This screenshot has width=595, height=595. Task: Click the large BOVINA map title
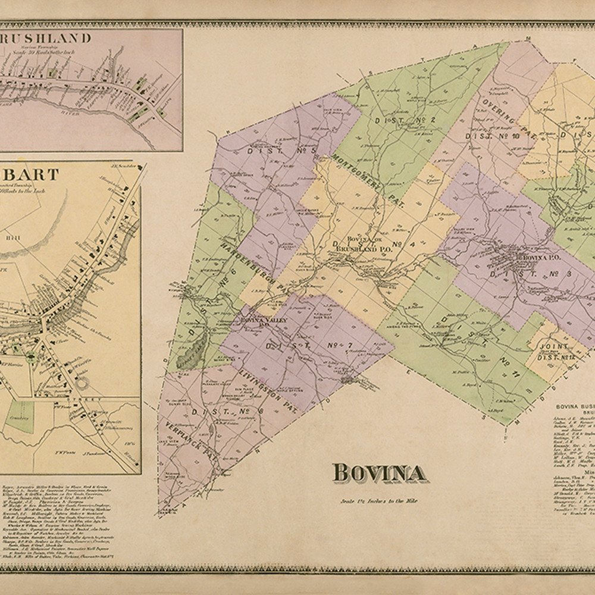(x=379, y=473)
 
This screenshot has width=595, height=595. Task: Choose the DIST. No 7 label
(x=300, y=345)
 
